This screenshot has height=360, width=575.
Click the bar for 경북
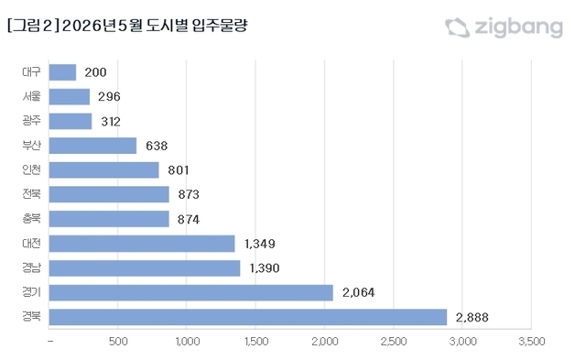tap(248, 317)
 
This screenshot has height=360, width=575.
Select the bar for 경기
tap(191, 292)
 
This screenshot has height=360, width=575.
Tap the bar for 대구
tap(63, 71)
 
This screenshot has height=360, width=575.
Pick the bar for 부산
tap(92, 146)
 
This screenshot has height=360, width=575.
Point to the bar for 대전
tap(142, 244)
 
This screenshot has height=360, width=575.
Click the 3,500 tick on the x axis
tap(531, 342)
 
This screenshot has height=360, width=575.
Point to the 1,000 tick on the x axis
tap(187, 342)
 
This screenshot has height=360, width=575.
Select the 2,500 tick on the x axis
tap(394, 342)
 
